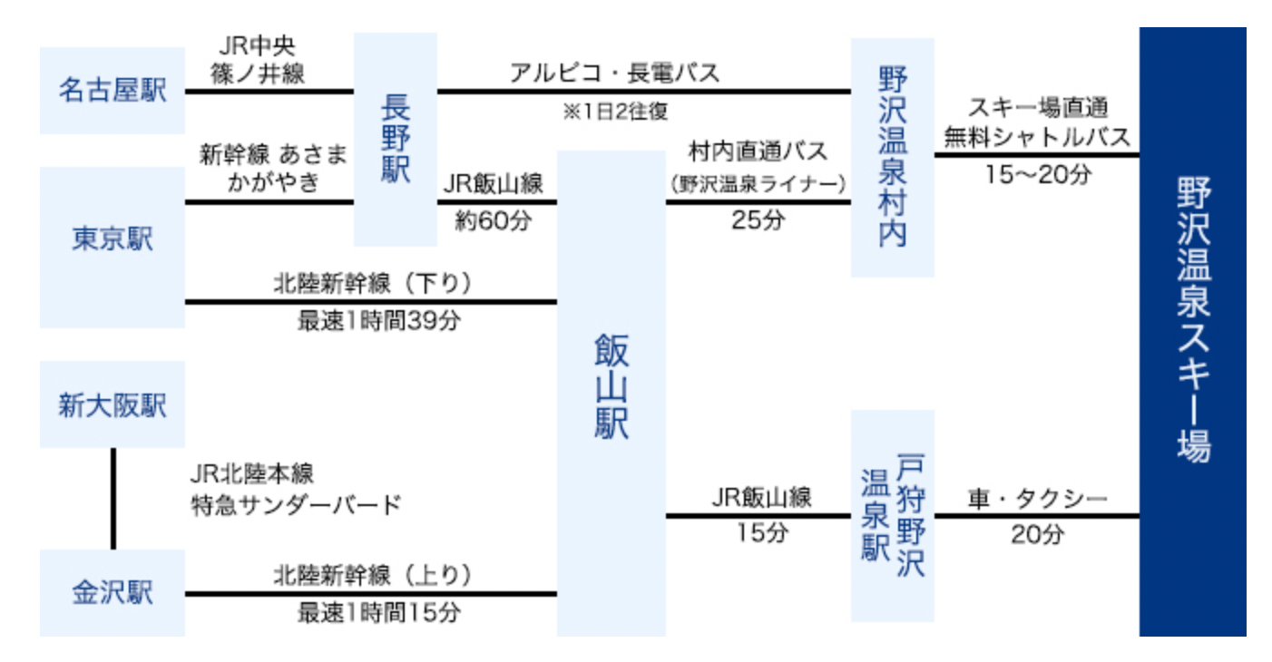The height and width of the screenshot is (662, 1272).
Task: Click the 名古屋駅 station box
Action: click(x=113, y=91)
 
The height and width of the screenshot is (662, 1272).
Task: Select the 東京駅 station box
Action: click(x=113, y=239)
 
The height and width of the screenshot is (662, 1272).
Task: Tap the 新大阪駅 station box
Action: click(x=113, y=404)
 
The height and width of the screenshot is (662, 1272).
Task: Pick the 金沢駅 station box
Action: click(x=113, y=593)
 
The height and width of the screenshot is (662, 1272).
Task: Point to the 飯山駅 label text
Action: click(x=611, y=385)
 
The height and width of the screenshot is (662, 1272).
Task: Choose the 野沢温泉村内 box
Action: click(x=892, y=157)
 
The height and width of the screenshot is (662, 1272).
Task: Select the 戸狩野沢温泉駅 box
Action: click(x=892, y=515)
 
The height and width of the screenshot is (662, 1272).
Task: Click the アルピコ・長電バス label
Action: click(x=614, y=73)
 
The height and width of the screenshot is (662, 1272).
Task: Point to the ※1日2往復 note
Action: click(x=615, y=112)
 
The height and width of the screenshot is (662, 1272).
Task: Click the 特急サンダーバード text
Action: click(x=296, y=504)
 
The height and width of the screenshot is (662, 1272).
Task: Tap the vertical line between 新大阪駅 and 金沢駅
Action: click(x=113, y=498)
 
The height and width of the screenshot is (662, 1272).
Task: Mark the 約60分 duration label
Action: click(x=493, y=220)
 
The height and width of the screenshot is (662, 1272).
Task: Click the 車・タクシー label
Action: click(x=1037, y=500)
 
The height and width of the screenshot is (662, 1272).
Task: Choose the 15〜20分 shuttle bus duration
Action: click(x=1037, y=174)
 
